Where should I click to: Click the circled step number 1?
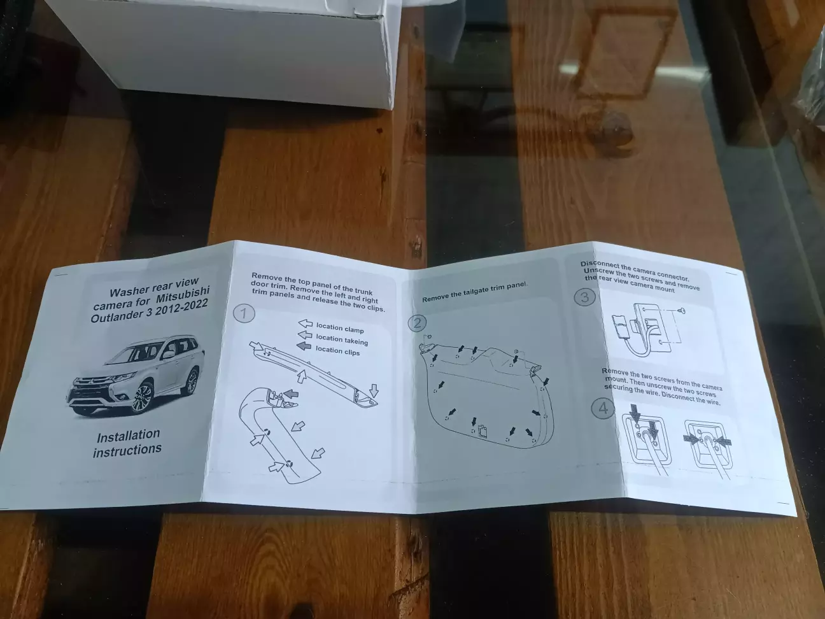coord(244,313)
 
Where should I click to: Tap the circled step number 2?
coord(417,324)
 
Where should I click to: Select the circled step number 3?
coord(584,297)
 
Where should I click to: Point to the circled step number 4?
coord(603,408)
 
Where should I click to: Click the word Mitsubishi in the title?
coord(183,295)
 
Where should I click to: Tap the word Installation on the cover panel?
coord(129,436)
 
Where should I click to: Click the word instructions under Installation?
coord(127,450)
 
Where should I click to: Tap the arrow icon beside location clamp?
coord(305,324)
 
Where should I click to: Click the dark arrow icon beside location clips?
coord(304,346)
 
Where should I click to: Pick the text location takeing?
coord(342,340)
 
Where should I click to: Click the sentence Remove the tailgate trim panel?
coord(475,292)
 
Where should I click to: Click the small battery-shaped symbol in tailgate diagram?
coord(483,430)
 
